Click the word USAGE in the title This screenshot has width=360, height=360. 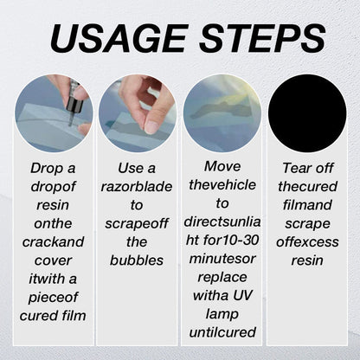point(112,38)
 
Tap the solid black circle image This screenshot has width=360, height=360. point(306,113)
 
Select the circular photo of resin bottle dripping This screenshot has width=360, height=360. point(54,113)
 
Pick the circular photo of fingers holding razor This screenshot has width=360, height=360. point(137,113)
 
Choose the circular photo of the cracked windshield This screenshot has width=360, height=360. point(222,113)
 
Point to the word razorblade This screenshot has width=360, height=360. point(137,186)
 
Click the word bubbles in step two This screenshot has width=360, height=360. point(137,260)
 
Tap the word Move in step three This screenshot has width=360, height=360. point(222,165)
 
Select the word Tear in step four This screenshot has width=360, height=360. point(306,167)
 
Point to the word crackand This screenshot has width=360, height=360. point(54,241)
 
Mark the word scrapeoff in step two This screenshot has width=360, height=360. point(137,222)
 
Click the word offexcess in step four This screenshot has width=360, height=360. point(306,241)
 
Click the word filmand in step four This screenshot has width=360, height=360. point(306,204)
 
